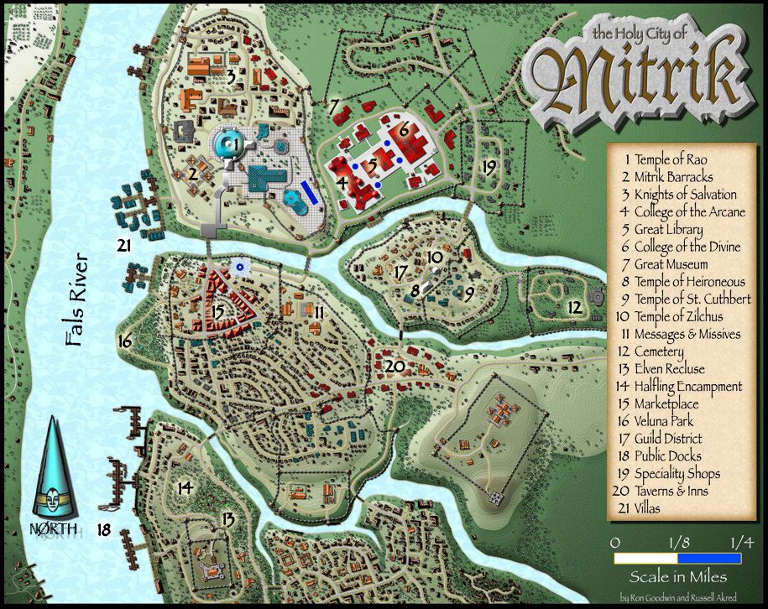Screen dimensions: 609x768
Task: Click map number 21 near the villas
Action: [x=125, y=246]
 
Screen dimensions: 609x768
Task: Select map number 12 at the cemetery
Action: [x=573, y=308]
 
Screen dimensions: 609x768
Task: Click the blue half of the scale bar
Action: [x=709, y=558]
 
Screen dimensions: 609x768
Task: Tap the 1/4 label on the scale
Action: [x=741, y=542]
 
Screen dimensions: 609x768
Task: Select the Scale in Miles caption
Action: [x=678, y=577]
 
